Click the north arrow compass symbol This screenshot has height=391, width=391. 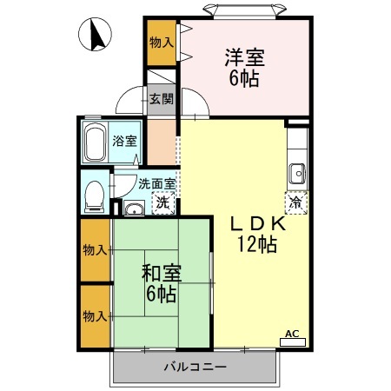coord(95,34)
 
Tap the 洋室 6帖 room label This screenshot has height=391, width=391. coord(245,68)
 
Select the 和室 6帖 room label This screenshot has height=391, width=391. coord(162,283)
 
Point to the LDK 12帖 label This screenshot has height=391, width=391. coord(257,235)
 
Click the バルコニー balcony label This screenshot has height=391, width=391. coord(195,368)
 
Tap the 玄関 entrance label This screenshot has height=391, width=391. coord(162,99)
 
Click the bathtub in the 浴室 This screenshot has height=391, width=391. coord(95,142)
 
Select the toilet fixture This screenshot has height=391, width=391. coord(95,196)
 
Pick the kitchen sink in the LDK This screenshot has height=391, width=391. coord(297,174)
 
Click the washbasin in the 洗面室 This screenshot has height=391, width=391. coord(134,208)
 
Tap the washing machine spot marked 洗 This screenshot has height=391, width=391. coord(163,202)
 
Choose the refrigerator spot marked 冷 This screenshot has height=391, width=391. coord(296,202)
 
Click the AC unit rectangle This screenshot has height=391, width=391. coord(293,342)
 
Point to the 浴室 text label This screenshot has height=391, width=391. coord(124,141)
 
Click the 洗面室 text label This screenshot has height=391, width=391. coord(156,184)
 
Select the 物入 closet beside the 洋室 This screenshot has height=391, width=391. coord(162,43)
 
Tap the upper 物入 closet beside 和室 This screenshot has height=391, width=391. coord(95,250)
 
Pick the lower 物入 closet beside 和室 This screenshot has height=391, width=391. coord(95,316)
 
